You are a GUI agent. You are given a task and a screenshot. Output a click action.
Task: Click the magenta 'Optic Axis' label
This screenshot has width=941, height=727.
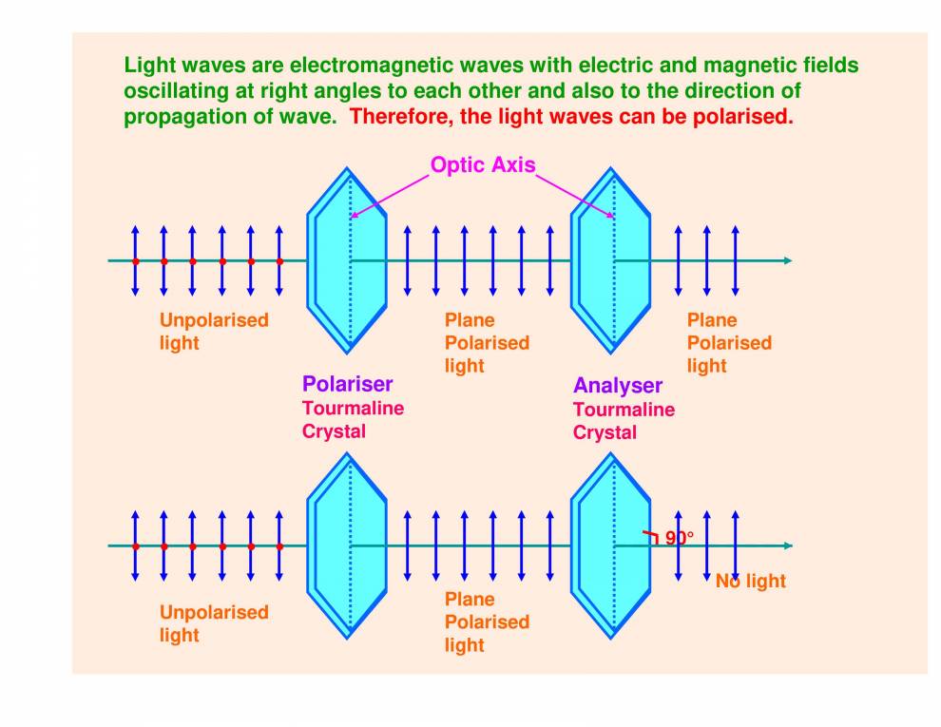tap(483, 165)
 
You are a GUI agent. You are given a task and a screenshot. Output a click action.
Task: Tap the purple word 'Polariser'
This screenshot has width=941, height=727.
tap(347, 384)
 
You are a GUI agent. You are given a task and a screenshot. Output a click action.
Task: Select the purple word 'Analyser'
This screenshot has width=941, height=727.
tap(617, 386)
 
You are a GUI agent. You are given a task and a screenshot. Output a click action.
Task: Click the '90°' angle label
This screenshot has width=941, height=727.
tap(679, 538)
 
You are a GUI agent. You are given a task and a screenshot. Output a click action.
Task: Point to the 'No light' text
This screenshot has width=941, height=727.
tap(751, 581)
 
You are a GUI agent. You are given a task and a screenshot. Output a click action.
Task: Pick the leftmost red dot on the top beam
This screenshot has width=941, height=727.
tap(135, 260)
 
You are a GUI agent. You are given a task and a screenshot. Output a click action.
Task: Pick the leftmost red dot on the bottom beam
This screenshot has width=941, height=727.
tap(135, 546)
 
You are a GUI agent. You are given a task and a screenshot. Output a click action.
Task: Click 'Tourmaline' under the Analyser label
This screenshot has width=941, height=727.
tap(624, 410)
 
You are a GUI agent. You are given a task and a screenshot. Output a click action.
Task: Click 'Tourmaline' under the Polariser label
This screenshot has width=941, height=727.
tap(353, 408)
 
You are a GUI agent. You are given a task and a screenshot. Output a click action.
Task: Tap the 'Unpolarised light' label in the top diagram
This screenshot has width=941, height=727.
tap(214, 331)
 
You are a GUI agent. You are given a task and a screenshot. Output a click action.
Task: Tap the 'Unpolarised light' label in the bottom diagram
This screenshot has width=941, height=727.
tap(214, 622)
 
